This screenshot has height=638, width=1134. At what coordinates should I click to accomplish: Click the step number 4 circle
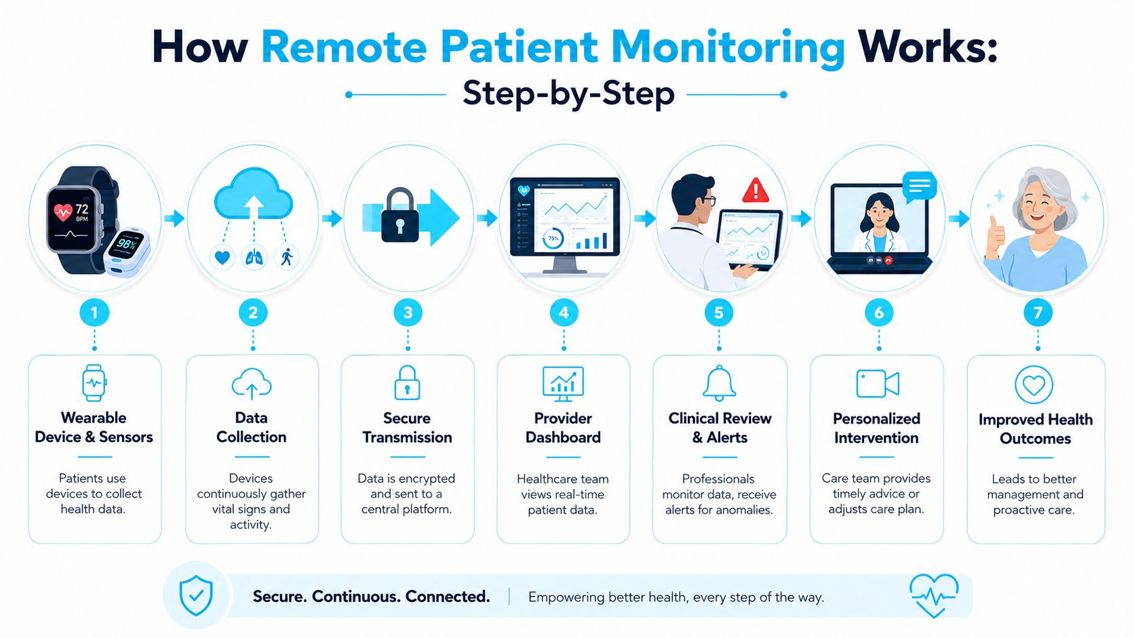pyautogui.click(x=564, y=313)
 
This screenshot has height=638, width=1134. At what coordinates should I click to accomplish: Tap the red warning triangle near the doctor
pyautogui.click(x=756, y=191)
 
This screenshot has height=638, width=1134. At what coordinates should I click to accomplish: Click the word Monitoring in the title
pyautogui.click(x=728, y=47)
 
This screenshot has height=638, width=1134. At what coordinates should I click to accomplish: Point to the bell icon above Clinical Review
pyautogui.click(x=719, y=383)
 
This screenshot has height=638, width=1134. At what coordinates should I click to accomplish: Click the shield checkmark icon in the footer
pyautogui.click(x=197, y=595)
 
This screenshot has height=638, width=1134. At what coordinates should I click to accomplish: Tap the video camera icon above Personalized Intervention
pyautogui.click(x=878, y=384)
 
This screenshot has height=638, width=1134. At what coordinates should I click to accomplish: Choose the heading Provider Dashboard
pyautogui.click(x=563, y=428)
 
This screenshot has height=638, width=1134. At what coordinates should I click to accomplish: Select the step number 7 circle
pyautogui.click(x=1038, y=313)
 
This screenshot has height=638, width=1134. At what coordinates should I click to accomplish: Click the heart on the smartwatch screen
pyautogui.click(x=62, y=212)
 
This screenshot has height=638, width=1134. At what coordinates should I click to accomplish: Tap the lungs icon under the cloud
pyautogui.click(x=254, y=258)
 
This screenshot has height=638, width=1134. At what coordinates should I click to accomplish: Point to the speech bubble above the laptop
pyautogui.click(x=918, y=187)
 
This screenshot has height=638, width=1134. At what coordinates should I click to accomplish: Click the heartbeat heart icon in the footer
pyautogui.click(x=934, y=595)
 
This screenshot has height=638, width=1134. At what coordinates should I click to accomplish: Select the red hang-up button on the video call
pyautogui.click(x=888, y=260)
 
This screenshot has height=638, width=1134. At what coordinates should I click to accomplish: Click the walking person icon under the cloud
pyautogui.click(x=286, y=257)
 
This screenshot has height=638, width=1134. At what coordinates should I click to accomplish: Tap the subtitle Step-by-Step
pyautogui.click(x=568, y=94)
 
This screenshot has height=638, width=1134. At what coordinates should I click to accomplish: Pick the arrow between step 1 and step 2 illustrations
pyautogui.click(x=174, y=218)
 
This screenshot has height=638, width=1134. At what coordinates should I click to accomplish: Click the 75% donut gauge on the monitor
pyautogui.click(x=552, y=238)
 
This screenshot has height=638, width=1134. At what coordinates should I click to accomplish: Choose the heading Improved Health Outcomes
pyautogui.click(x=1035, y=428)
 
